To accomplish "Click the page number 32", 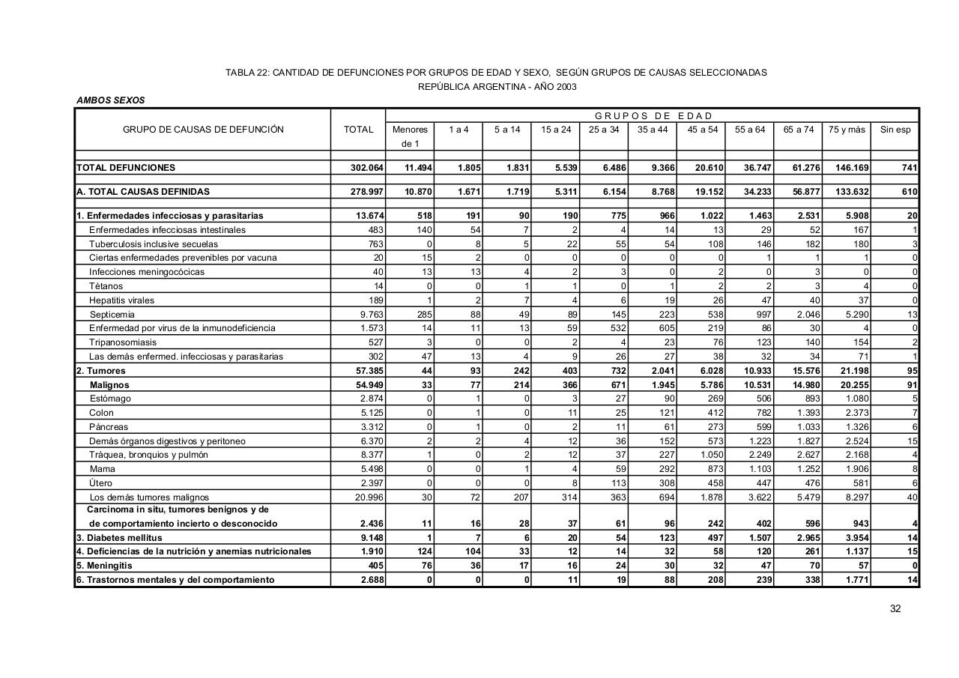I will (895, 608).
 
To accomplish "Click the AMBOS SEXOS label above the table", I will (111, 100).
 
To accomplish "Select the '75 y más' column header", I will (847, 130).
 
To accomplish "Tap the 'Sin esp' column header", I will (895, 130).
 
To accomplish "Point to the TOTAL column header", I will (358, 130).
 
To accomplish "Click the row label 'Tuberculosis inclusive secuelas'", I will (154, 244).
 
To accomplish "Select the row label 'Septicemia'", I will (112, 315).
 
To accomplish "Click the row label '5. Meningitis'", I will (104, 566).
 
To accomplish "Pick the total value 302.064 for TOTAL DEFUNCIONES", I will (367, 168).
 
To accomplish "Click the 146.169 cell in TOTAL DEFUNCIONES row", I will (852, 168).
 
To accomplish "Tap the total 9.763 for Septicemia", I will (372, 315).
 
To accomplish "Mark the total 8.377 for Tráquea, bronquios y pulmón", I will (372, 455).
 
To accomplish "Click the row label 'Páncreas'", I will (109, 427).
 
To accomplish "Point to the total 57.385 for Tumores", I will (369, 371).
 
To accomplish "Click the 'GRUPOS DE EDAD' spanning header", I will (653, 116).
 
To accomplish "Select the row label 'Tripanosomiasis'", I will (123, 342).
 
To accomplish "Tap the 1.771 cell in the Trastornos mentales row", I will (856, 580).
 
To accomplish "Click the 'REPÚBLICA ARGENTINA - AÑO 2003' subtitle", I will (497, 87).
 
